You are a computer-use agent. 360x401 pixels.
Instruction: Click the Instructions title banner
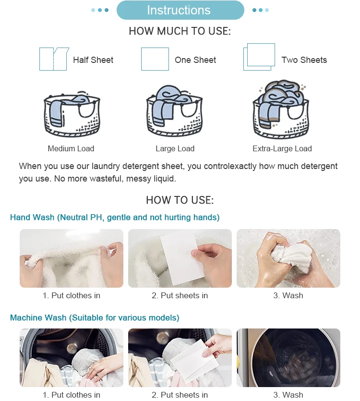pyautogui.click(x=180, y=10)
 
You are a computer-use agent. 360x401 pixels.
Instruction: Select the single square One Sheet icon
pyautogui.click(x=155, y=59)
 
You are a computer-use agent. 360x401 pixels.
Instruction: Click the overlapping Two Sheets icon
pyautogui.click(x=259, y=57)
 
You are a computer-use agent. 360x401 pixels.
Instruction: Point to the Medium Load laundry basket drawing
pyautogui.click(x=72, y=114)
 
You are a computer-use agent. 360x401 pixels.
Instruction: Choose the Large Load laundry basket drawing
pyautogui.click(x=174, y=111)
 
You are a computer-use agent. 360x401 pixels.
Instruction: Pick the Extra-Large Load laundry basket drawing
pyautogui.click(x=281, y=109)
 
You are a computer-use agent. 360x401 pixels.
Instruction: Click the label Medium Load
pyautogui.click(x=71, y=148)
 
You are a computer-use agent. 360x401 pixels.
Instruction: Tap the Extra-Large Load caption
pyautogui.click(x=282, y=148)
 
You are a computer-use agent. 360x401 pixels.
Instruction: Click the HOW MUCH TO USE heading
pyautogui.click(x=180, y=31)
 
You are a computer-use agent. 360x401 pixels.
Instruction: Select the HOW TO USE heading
pyautogui.click(x=180, y=200)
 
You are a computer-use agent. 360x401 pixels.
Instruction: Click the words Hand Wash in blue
pyautogui.click(x=32, y=218)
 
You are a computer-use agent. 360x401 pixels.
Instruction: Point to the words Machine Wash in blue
pyautogui.click(x=38, y=317)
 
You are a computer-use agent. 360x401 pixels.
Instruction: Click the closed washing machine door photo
pyautogui.click(x=288, y=358)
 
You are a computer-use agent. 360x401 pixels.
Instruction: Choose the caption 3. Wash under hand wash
pyautogui.click(x=288, y=295)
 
